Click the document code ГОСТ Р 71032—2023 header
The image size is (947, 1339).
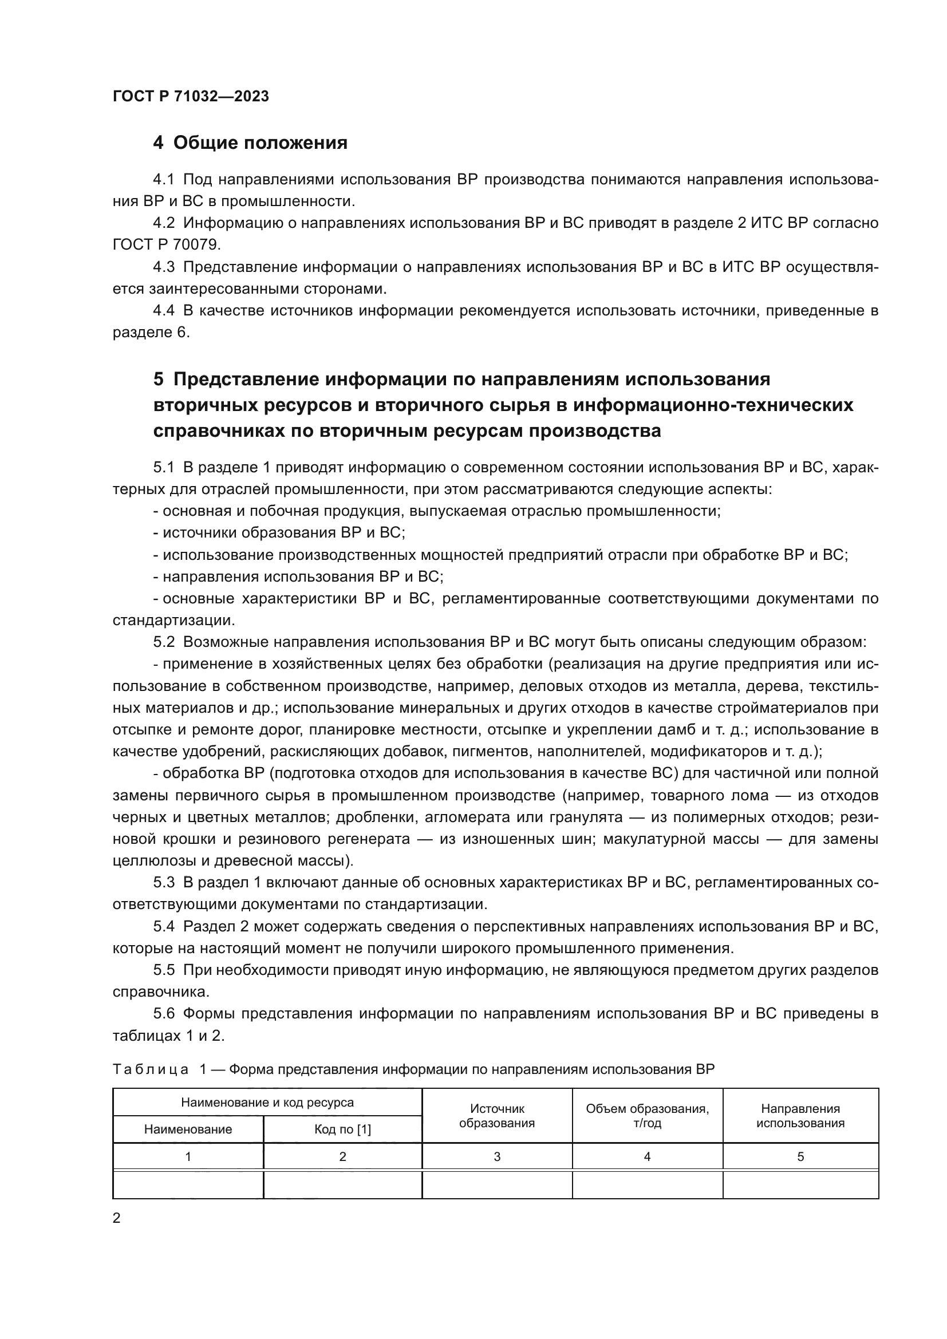tap(191, 96)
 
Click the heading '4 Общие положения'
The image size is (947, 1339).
tap(250, 143)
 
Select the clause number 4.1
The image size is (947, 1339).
tap(163, 180)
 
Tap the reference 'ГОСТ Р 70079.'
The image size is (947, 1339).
tap(167, 245)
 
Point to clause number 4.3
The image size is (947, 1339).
tap(163, 267)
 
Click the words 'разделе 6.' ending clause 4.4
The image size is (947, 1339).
tap(151, 333)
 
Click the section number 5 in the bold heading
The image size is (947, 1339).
tap(159, 380)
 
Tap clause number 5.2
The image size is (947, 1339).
tap(163, 642)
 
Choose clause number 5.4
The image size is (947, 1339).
tap(163, 927)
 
